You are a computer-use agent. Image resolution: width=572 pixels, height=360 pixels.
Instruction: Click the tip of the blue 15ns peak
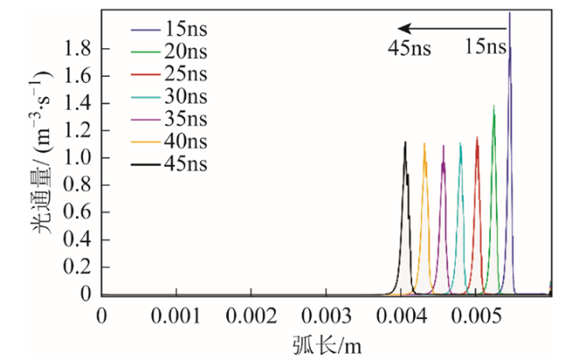tap(509, 13)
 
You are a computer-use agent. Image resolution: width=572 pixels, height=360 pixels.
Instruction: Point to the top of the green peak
tap(493, 105)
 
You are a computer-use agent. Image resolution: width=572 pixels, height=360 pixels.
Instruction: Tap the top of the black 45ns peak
tap(405, 142)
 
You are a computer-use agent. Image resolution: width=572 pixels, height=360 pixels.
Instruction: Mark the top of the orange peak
tap(425, 143)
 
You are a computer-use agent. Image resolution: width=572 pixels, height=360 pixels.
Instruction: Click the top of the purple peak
tap(443, 146)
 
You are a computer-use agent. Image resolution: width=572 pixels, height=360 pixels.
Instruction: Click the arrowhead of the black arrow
tap(402, 28)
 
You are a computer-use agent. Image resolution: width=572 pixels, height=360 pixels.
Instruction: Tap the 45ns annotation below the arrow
tap(409, 47)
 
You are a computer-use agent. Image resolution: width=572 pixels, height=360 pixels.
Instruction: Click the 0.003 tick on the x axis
tap(325, 316)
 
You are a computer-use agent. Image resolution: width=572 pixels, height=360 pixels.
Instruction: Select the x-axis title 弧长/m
tap(325, 344)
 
